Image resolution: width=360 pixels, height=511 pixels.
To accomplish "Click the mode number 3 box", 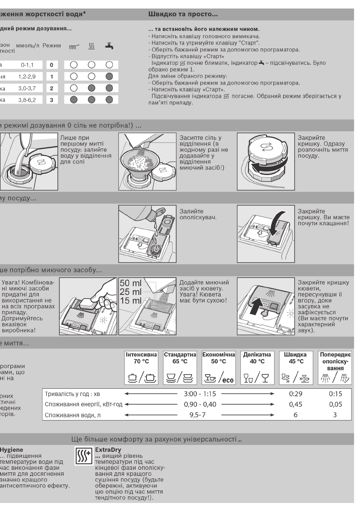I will click(51, 100).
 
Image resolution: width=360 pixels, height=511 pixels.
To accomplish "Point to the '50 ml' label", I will click(130, 284).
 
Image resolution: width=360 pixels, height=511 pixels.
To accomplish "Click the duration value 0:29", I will click(296, 393).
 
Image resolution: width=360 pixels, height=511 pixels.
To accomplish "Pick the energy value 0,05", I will click(335, 404).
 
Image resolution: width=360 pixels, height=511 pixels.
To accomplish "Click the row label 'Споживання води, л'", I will click(73, 415).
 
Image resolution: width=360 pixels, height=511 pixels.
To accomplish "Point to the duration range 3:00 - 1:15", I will click(200, 393).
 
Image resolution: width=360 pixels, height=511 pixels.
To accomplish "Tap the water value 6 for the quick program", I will click(296, 415).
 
